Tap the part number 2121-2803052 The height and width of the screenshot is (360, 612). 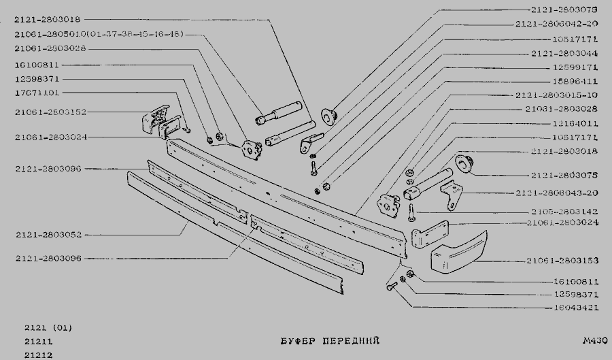(x=48, y=235)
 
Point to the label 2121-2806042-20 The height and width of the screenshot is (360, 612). (x=556, y=24)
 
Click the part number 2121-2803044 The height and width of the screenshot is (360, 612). (x=564, y=53)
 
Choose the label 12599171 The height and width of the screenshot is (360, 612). (x=574, y=67)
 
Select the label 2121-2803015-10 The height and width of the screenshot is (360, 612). (x=556, y=95)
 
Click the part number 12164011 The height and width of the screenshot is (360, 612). (x=574, y=124)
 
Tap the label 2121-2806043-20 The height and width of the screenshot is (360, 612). (x=556, y=193)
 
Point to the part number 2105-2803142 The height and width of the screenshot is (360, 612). (x=564, y=212)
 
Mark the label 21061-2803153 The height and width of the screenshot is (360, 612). (x=561, y=261)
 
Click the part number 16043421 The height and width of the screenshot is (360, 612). (x=574, y=308)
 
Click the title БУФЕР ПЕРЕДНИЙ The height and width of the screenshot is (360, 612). (x=320, y=340)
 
